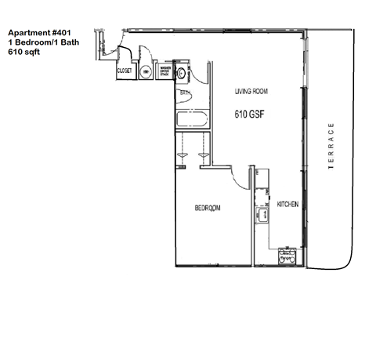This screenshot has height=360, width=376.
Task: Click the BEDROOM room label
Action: click(x=208, y=208)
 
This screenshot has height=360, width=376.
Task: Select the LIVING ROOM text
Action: click(x=251, y=92)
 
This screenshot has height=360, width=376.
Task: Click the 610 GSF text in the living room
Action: click(x=251, y=115)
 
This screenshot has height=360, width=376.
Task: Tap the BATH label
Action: click(x=186, y=93)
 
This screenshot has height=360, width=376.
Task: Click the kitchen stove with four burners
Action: click(x=287, y=256)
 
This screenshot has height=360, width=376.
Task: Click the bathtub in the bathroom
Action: click(x=192, y=122)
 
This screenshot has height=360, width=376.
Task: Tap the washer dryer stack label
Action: click(x=165, y=72)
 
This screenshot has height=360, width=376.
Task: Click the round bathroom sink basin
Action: click(x=182, y=73)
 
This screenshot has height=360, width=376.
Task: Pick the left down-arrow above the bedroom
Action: click(x=181, y=156)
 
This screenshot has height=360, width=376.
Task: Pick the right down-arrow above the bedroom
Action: click(x=204, y=156)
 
